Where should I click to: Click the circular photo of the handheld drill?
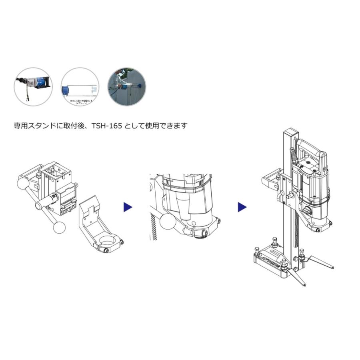pyautogui.click(x=33, y=86)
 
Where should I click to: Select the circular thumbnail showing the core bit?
pyautogui.click(x=80, y=86)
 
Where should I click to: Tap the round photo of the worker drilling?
pyautogui.click(x=128, y=86)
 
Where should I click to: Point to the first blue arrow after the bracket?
pyautogui.click(x=128, y=207)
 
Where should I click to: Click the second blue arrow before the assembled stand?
pyautogui.click(x=242, y=207)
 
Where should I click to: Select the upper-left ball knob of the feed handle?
pyautogui.click(x=24, y=184)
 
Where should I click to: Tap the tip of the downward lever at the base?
pyautogui.click(x=305, y=285)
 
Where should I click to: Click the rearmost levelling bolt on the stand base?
pyautogui.click(x=276, y=241)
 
